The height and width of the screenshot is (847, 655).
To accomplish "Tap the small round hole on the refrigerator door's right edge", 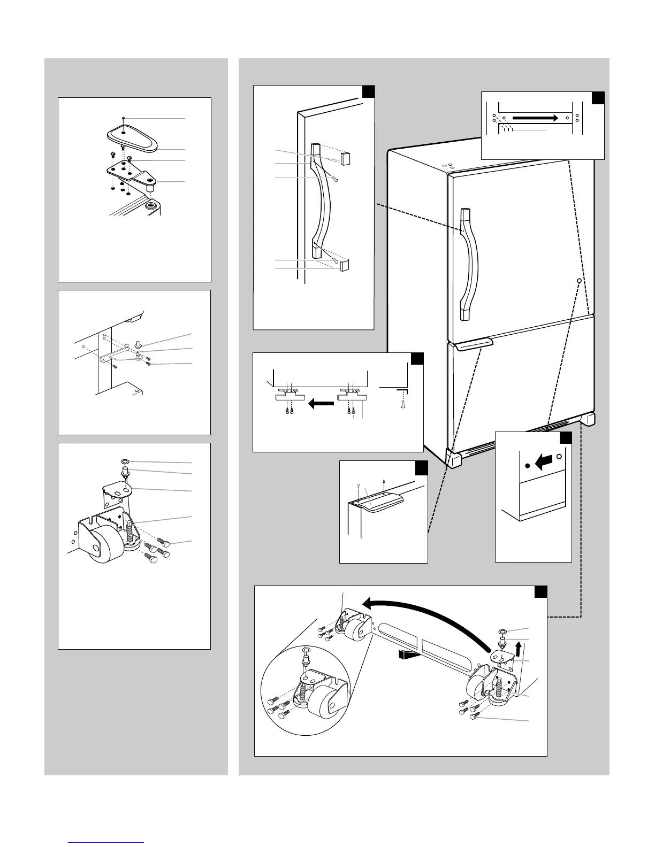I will (579, 280).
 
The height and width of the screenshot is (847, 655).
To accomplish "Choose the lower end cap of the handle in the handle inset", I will (344, 266).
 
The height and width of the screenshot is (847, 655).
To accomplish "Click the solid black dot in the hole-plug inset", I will (527, 466).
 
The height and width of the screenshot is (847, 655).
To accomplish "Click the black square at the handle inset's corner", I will (368, 93).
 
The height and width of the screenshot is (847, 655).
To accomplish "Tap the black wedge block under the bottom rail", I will (407, 653).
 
